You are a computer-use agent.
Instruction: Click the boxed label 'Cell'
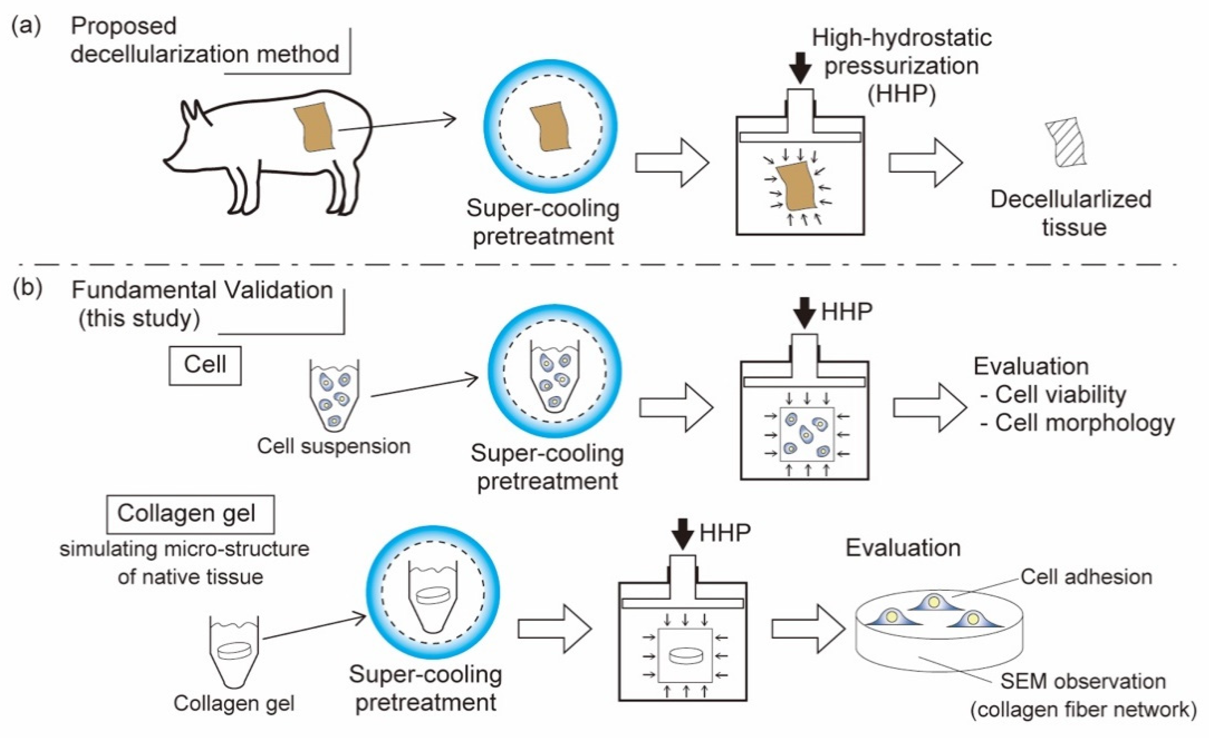coord(205,365)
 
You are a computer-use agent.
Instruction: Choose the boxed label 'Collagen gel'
coord(190,514)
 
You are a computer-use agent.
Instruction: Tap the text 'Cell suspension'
coord(334,446)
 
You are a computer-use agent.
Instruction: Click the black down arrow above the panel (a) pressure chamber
coord(800,67)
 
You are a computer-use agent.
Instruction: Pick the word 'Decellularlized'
coord(1071,199)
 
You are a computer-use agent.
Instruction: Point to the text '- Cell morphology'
coord(1077,423)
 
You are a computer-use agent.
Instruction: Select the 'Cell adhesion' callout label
coord(1087,577)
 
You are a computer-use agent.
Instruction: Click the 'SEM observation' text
coord(1083,681)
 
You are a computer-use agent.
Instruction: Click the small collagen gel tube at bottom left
coord(234,652)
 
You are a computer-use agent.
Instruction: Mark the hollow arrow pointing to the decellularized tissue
coord(926,163)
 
